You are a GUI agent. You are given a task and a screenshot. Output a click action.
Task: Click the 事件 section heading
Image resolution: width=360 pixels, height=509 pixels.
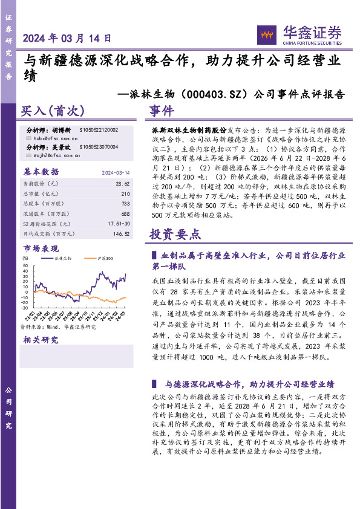click(162, 111)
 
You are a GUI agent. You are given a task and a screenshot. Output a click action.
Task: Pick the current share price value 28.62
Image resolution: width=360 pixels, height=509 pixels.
click(122, 183)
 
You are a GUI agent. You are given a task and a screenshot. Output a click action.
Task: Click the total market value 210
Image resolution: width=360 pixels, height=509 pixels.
click(125, 194)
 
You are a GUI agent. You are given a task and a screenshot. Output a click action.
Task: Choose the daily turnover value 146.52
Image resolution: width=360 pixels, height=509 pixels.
click(121, 233)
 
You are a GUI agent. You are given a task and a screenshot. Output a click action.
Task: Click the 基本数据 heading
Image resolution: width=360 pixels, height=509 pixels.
click(41, 171)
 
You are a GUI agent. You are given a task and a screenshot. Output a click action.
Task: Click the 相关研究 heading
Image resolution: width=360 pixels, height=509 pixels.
click(41, 340)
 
